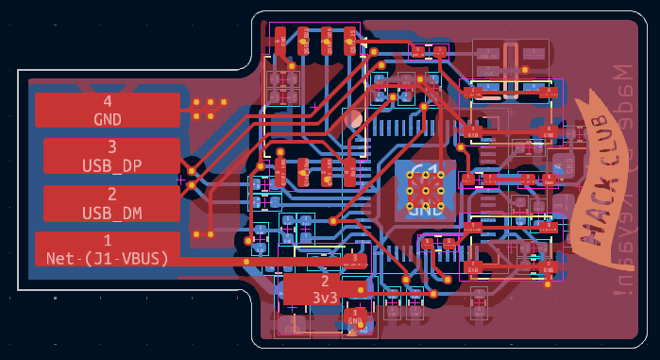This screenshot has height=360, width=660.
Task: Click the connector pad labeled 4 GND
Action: pos(107,110)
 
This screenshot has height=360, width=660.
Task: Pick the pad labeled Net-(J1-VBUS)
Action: pos(107,249)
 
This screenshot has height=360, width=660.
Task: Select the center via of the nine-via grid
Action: pos(425,190)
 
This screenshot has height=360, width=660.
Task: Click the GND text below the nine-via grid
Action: pos(425,211)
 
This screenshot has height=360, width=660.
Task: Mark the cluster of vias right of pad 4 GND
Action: pos(210,109)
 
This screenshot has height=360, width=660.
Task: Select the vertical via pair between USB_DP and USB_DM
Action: pos(192,178)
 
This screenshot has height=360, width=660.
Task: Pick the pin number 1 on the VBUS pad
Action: pos(107,240)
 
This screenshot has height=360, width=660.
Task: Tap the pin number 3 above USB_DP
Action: pos(111,146)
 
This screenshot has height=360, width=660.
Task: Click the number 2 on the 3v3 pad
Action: pos(325,281)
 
